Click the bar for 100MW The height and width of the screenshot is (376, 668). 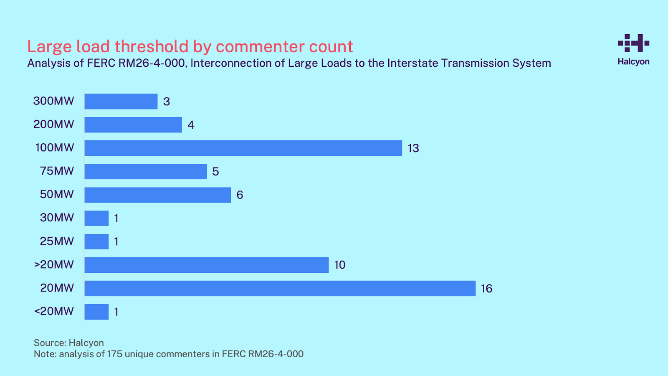pyautogui.click(x=243, y=148)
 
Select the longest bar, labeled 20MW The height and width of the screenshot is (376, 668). pyautogui.click(x=280, y=288)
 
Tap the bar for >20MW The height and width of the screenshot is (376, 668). pyautogui.click(x=206, y=265)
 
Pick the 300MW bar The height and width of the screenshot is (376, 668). pyautogui.click(x=121, y=102)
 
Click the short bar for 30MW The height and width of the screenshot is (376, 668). pyautogui.click(x=96, y=218)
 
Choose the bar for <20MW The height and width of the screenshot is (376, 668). pyautogui.click(x=96, y=312)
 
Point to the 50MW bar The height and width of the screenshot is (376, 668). pyautogui.click(x=157, y=195)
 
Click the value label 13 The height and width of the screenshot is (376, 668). pyautogui.click(x=413, y=148)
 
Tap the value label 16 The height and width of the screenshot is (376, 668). pyautogui.click(x=486, y=289)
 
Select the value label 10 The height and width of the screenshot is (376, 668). pyautogui.click(x=340, y=265)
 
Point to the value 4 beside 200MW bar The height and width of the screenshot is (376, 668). pyautogui.click(x=191, y=125)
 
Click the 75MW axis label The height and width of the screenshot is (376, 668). pyautogui.click(x=57, y=171)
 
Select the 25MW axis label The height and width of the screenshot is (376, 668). pyautogui.click(x=57, y=241)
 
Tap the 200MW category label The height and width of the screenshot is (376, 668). pyautogui.click(x=54, y=124)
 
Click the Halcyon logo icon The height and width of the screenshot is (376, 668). pyautogui.click(x=634, y=43)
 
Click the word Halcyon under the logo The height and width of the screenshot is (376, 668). pyautogui.click(x=634, y=61)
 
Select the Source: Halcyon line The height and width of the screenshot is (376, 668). pyautogui.click(x=69, y=343)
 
